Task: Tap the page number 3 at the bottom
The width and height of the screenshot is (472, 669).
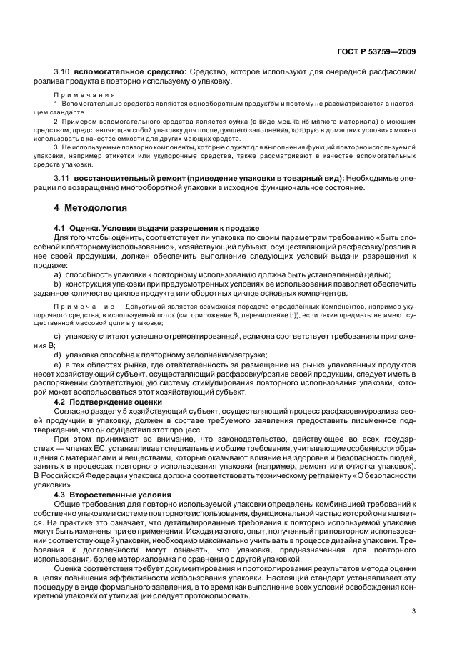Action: [x=414, y=611]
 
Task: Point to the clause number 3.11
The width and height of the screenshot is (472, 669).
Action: [x=63, y=177]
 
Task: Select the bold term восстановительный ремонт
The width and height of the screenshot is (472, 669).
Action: [x=124, y=177]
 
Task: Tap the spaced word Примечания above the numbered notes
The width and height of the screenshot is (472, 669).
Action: [x=79, y=94]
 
